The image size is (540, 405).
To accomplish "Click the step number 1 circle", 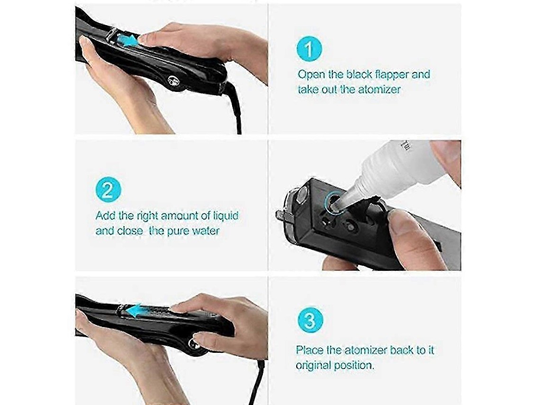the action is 309,49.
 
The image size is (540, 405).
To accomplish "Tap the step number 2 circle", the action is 108,190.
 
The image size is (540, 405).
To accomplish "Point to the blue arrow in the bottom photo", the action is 137,311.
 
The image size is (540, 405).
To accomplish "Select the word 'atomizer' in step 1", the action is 379,90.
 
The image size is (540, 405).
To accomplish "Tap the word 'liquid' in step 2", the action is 225,216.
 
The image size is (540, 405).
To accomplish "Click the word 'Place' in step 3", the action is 309,350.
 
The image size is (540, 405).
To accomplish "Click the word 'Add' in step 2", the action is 105,216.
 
